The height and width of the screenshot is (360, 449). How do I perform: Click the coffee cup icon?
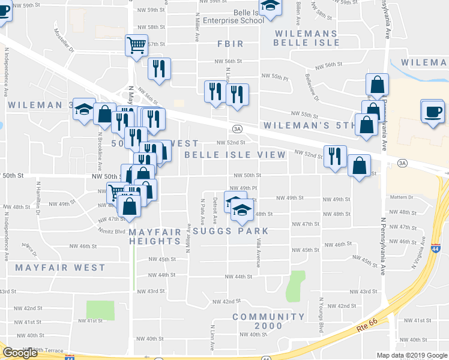tap(432, 111)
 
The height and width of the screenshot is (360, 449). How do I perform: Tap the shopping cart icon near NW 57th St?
tap(136, 45)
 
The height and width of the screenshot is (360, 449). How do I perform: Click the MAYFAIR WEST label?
tap(60, 268)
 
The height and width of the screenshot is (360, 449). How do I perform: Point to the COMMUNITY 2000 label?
tap(268, 321)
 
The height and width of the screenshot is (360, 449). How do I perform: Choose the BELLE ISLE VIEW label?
tap(235, 155)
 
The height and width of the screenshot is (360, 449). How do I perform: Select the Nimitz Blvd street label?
tap(112, 230)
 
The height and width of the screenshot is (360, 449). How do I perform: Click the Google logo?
tap(20, 353)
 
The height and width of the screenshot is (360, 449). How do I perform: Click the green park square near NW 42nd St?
tap(100, 310)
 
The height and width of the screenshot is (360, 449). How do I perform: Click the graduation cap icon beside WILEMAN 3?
tap(84, 109)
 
